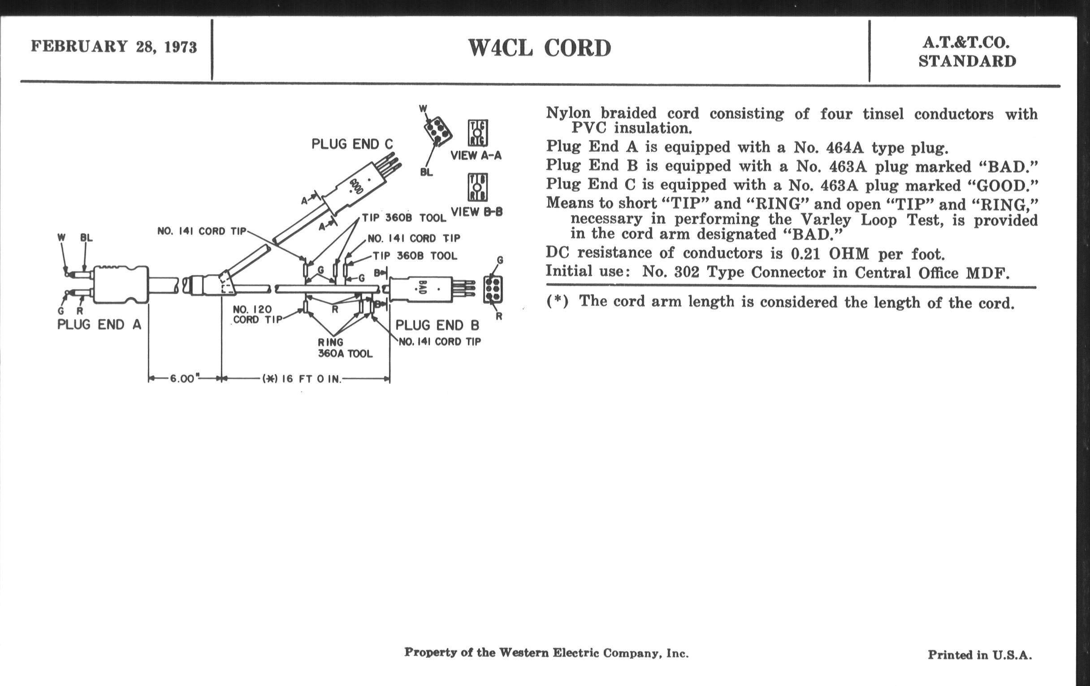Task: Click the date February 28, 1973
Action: (x=114, y=47)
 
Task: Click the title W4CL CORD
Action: (x=539, y=48)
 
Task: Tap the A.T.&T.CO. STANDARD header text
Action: (x=967, y=52)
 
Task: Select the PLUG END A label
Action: (x=99, y=325)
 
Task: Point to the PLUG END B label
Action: (x=437, y=325)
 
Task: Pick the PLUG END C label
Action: (x=352, y=144)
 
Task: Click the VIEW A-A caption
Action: (x=476, y=155)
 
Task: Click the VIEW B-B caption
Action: (x=476, y=212)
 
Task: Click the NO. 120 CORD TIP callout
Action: (x=256, y=314)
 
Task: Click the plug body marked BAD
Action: (x=421, y=289)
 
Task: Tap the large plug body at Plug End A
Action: (x=121, y=284)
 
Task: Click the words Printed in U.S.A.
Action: (x=980, y=655)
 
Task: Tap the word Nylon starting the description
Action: (x=568, y=113)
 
